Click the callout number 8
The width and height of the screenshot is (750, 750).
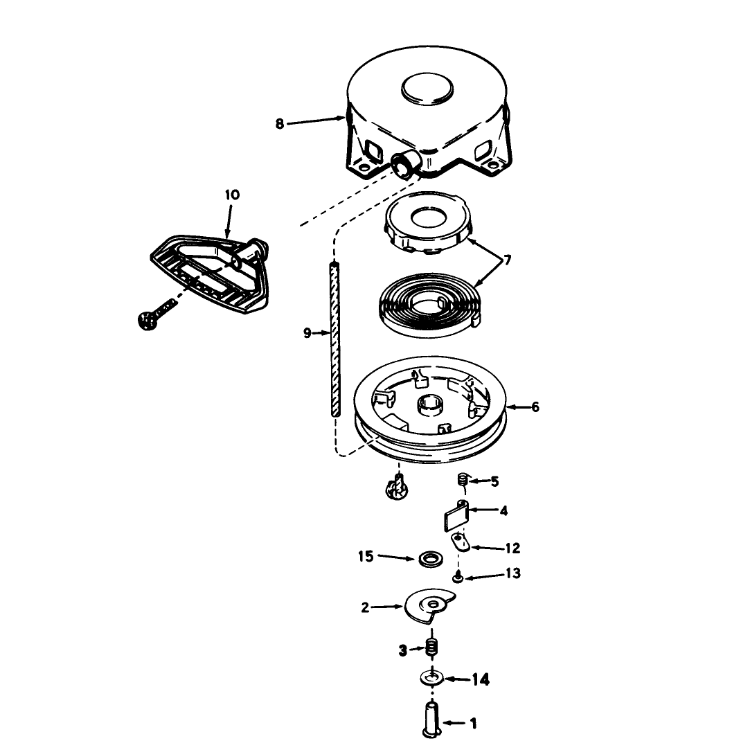click(x=280, y=124)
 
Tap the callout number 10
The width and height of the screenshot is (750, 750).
click(x=232, y=195)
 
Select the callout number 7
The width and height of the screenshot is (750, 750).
click(x=507, y=260)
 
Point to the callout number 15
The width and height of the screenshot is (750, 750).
click(x=366, y=557)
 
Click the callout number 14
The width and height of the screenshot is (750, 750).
click(x=481, y=679)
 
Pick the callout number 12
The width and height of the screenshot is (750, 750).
click(x=512, y=548)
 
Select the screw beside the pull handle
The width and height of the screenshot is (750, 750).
click(x=156, y=313)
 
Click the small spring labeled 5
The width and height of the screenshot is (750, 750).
click(x=463, y=480)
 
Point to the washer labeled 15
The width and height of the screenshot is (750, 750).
click(x=431, y=558)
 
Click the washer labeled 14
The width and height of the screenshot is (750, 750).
click(x=432, y=678)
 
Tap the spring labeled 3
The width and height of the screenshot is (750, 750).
click(x=432, y=648)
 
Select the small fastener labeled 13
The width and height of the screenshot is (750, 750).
click(x=458, y=578)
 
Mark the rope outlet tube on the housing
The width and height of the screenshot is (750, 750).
click(x=405, y=165)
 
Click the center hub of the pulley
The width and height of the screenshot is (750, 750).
click(x=431, y=406)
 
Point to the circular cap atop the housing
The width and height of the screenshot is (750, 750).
click(x=427, y=89)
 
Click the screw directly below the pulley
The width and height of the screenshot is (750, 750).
click(x=397, y=489)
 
